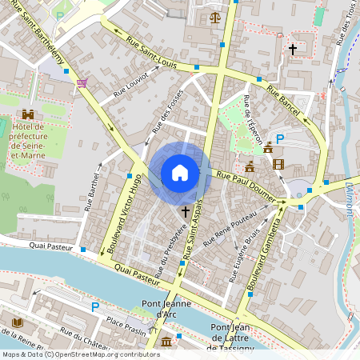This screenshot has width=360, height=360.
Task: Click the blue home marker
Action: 180,173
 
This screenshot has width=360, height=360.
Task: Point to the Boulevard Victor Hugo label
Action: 118,214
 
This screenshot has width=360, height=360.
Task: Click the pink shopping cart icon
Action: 82,82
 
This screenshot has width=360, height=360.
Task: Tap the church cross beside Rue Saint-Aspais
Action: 186,212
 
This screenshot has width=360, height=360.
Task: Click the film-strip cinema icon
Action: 278,164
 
